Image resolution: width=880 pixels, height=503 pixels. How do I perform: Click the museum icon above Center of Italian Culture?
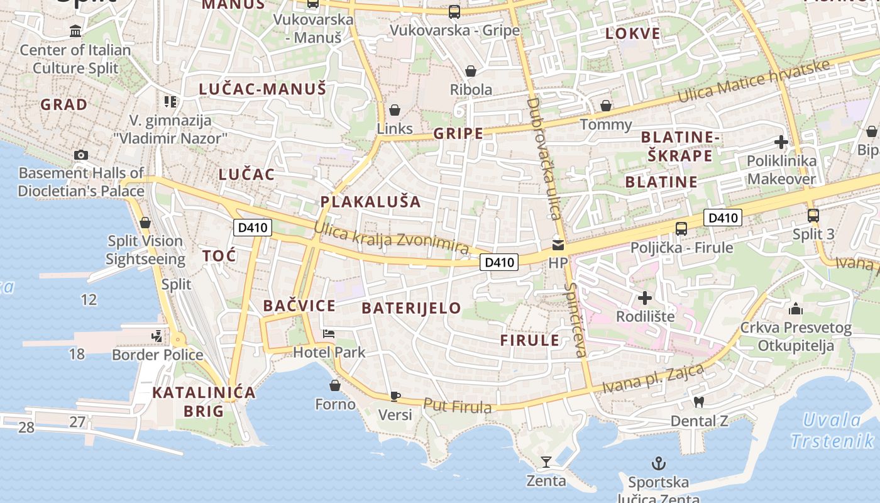click(x=76, y=31)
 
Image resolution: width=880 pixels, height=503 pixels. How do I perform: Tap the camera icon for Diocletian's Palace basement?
click(x=81, y=155)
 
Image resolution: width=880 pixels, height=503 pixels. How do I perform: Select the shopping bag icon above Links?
click(x=395, y=111)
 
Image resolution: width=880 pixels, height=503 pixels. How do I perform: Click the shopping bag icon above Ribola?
click(x=471, y=71)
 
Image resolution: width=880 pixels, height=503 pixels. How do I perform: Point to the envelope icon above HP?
click(x=558, y=245)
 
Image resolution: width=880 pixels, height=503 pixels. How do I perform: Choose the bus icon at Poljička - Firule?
click(x=681, y=229)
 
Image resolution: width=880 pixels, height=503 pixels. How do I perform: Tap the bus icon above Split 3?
click(x=813, y=216)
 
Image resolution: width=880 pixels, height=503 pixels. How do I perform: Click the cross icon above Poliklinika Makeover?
click(x=781, y=142)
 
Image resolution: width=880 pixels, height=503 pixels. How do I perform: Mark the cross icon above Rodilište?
click(x=645, y=297)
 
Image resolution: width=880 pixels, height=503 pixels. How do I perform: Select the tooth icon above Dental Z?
click(x=698, y=402)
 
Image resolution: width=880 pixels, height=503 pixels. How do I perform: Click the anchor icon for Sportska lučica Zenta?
click(x=659, y=464)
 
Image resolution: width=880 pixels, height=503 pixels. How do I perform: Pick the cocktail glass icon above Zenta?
click(x=546, y=463)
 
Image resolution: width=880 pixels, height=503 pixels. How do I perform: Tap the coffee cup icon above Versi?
click(x=395, y=396)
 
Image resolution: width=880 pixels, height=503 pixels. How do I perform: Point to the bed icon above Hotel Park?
click(x=329, y=333)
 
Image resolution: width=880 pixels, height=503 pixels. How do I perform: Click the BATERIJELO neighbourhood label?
click(x=412, y=308)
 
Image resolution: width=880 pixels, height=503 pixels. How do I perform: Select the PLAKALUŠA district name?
click(x=370, y=202)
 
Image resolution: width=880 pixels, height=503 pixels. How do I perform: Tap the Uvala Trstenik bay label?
click(x=833, y=430)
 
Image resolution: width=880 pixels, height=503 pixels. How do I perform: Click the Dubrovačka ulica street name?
click(x=544, y=158)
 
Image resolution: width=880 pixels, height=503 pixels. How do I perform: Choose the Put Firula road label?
click(x=457, y=406)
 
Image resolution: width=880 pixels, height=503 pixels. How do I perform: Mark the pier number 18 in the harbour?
click(x=77, y=354)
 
